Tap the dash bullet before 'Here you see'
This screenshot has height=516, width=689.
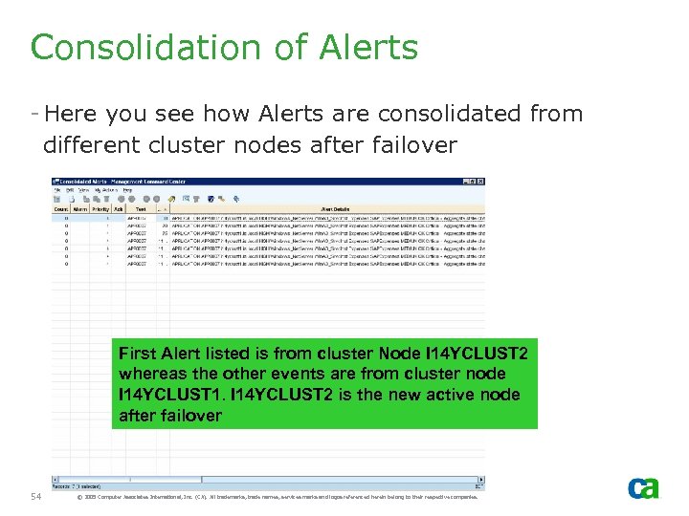pyautogui.click(x=34, y=114)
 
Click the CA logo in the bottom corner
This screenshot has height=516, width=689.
pyautogui.click(x=643, y=487)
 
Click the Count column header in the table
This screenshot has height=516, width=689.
pyautogui.click(x=60, y=208)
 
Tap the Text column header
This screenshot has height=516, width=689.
pyautogui.click(x=141, y=208)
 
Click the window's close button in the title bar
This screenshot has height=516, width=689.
pyautogui.click(x=478, y=182)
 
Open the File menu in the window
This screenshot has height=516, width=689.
pyautogui.click(x=58, y=190)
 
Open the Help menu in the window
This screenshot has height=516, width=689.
pyautogui.click(x=127, y=190)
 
